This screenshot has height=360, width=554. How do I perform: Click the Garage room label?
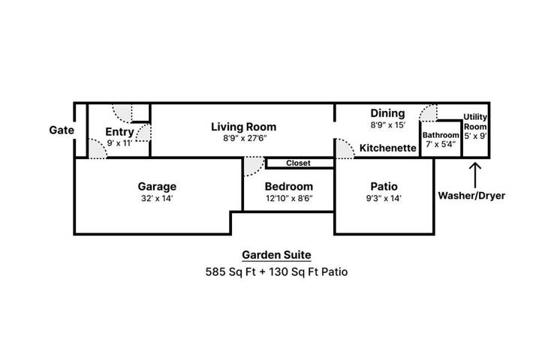click(x=157, y=186)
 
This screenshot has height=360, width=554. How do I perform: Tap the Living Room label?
click(x=243, y=126)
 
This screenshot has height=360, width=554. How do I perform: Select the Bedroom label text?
click(x=289, y=186)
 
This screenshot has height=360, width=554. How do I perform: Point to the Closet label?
click(x=298, y=163)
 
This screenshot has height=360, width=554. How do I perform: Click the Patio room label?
click(x=384, y=186)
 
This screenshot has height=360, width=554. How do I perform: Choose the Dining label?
click(x=387, y=113)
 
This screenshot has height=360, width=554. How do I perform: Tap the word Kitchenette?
click(x=387, y=148)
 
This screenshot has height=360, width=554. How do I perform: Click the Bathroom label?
click(x=440, y=135)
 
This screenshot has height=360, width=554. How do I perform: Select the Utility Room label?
click(x=475, y=121)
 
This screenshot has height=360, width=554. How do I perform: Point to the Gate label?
click(x=62, y=130)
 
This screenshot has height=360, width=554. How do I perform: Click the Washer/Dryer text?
click(x=471, y=196)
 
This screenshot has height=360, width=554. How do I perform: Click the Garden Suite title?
click(x=276, y=254)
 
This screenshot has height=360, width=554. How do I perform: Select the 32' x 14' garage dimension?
click(x=157, y=199)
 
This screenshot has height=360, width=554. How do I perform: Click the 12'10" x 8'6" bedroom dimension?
click(x=289, y=199)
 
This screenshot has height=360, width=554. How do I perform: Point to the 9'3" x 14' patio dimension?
click(x=384, y=199)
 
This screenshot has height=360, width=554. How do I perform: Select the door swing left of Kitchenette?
click(x=345, y=148)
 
